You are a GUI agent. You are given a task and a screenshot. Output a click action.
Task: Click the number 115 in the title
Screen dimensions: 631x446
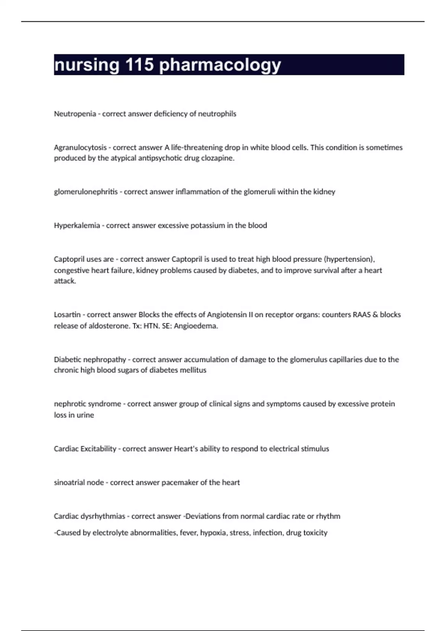tap(139, 65)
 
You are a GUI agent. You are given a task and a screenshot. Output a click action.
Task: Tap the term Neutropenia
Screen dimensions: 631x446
tap(75, 114)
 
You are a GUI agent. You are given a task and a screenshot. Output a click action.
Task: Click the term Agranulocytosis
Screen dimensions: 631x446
tap(80, 148)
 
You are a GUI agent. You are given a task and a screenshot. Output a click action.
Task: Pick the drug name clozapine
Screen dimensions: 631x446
tap(218, 158)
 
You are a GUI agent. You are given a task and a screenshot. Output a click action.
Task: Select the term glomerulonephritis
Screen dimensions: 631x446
tap(86, 192)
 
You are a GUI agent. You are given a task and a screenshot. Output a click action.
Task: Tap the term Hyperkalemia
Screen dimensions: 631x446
tap(77, 226)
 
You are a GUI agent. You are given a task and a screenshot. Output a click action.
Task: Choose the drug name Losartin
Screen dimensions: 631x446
tap(67, 315)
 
